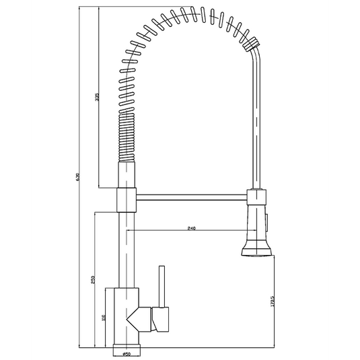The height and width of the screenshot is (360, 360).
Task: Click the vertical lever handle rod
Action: click(161, 287)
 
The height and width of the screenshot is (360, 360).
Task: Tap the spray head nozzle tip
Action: click(256, 254)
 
